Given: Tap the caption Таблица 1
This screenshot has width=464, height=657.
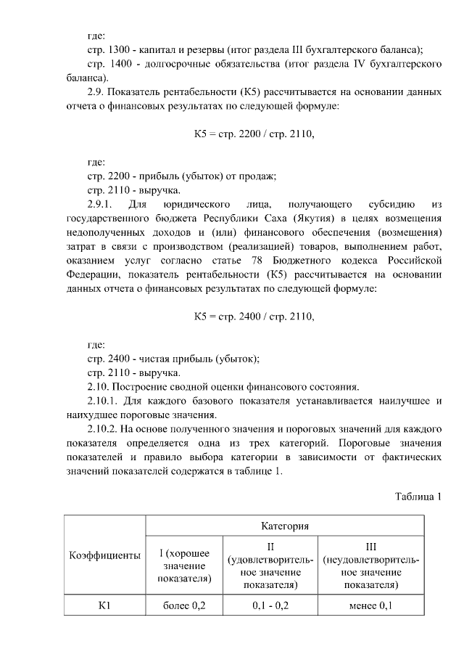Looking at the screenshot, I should pyautogui.click(x=418, y=497).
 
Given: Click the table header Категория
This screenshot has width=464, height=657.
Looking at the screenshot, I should pyautogui.click(x=285, y=526).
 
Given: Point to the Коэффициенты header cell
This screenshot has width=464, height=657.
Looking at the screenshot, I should pyautogui.click(x=104, y=555).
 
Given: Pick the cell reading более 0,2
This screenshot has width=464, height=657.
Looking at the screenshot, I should pyautogui.click(x=183, y=604).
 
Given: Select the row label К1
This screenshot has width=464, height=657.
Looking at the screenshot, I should pyautogui.click(x=104, y=604).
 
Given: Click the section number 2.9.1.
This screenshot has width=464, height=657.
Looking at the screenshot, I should pyautogui.click(x=100, y=204).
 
